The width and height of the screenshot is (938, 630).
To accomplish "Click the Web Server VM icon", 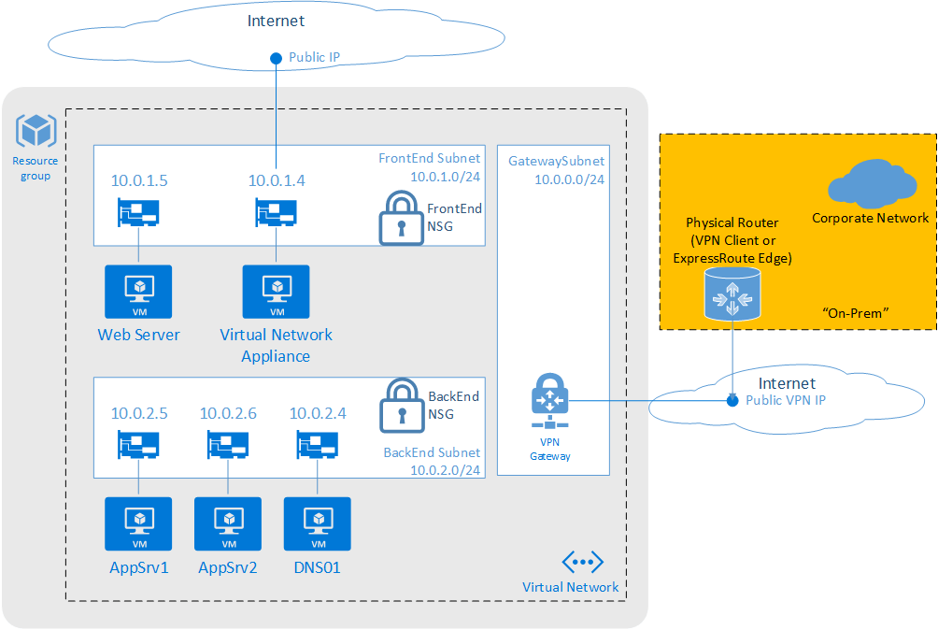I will [x=138, y=293].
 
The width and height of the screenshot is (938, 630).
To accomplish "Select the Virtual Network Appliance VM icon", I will [x=277, y=293].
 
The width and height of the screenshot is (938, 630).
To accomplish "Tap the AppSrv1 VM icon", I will [x=138, y=523].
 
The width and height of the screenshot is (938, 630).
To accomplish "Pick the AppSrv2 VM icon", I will [x=228, y=523].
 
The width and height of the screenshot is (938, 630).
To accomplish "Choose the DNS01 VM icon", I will [x=318, y=523].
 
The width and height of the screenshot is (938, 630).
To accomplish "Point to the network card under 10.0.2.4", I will [x=318, y=445].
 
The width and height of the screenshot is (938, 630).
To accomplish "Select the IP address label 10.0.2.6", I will [x=228, y=412].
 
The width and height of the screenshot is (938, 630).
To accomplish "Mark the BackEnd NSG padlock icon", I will [x=401, y=407].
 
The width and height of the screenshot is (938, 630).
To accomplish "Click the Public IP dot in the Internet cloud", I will [x=276, y=58].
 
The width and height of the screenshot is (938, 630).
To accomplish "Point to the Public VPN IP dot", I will [x=732, y=401].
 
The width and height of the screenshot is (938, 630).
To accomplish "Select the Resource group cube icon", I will [x=36, y=132].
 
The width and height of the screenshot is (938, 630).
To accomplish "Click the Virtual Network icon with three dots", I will [x=582, y=562].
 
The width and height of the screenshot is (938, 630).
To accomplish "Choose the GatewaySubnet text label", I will [x=556, y=162].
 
